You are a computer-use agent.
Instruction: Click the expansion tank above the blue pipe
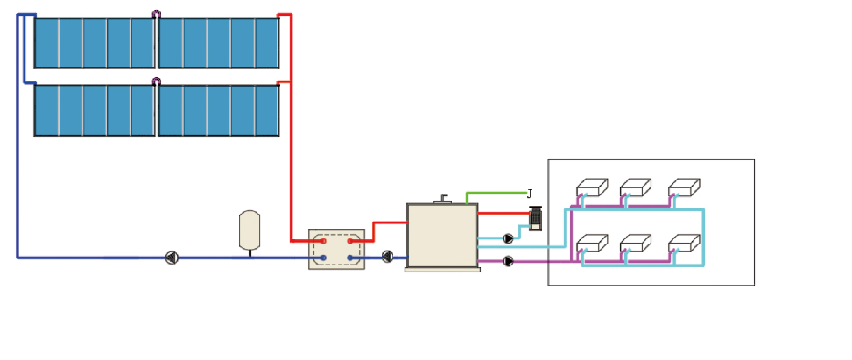click(250, 229)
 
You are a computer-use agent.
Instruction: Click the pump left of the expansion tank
click(172, 258)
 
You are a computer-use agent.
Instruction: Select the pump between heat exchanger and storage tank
click(387, 257)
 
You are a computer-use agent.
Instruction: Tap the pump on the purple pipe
click(509, 260)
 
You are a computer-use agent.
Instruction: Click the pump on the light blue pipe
click(509, 237)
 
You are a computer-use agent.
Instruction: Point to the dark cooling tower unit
click(536, 218)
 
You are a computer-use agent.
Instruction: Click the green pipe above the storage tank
click(495, 192)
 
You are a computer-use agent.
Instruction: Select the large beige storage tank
click(442, 236)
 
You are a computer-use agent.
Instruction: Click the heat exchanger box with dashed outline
click(336, 249)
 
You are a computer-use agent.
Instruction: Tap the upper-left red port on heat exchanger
click(323, 240)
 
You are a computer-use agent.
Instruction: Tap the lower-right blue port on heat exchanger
click(349, 258)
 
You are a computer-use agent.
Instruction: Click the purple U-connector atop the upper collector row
click(157, 14)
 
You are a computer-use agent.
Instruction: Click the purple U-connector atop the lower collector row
click(157, 81)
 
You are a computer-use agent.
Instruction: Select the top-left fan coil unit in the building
click(592, 187)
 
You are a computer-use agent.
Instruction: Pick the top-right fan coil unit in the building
click(684, 187)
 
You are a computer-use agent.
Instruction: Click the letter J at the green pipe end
click(529, 193)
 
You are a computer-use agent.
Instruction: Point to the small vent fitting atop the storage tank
click(445, 198)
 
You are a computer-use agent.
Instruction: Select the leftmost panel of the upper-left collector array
click(46, 43)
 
